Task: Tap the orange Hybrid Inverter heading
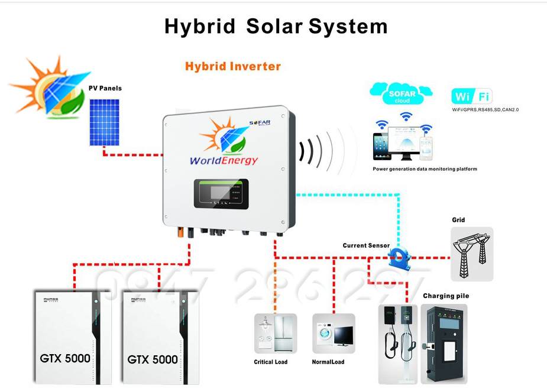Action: pos(232,66)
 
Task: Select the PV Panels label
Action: pos(105,88)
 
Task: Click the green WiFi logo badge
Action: pos(471,96)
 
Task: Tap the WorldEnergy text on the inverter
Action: pos(224,160)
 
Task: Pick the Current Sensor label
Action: pos(366,245)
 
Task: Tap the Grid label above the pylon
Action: pos(458,220)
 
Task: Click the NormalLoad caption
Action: pos(328,362)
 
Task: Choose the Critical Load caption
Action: pos(271,362)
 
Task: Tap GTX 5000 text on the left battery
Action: pos(65,358)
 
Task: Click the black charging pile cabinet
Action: pos(444,343)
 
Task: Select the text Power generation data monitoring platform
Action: pos(425,169)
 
